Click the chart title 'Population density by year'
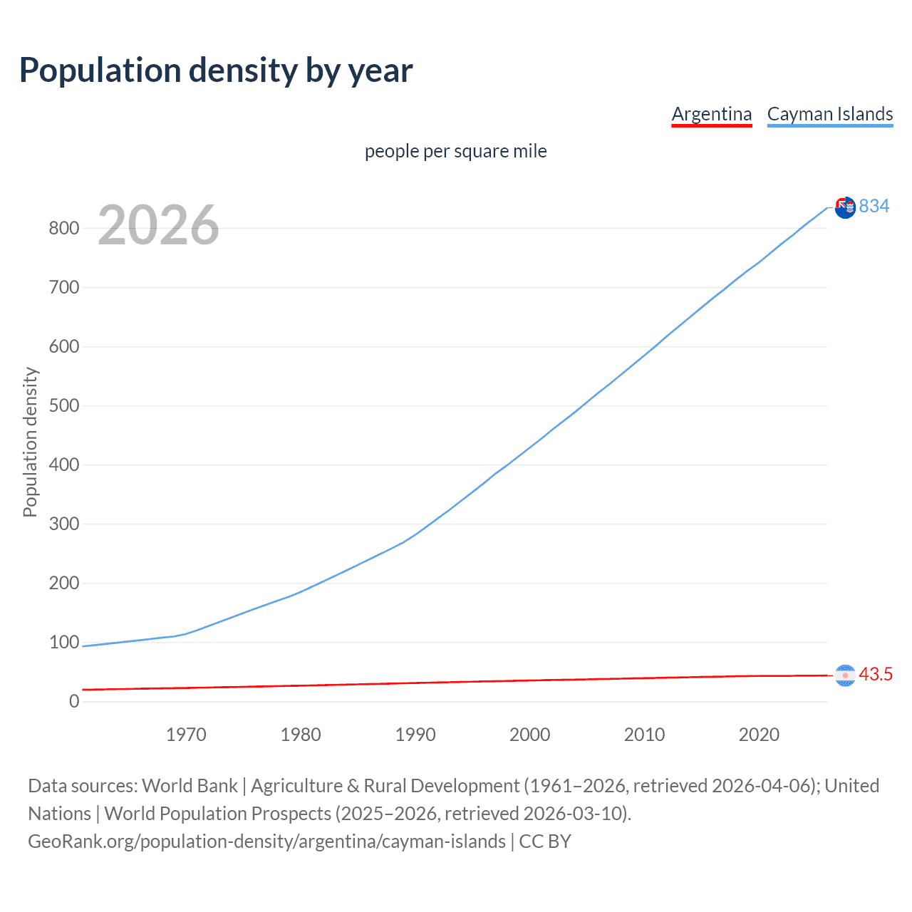(x=216, y=71)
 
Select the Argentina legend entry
(x=711, y=114)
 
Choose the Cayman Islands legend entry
(x=829, y=114)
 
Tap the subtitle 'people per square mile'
(x=455, y=151)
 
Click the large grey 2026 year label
(x=158, y=225)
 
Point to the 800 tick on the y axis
(x=64, y=229)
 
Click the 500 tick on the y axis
(x=64, y=406)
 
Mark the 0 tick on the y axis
(x=74, y=701)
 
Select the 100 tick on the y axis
(x=64, y=642)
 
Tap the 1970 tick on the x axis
(x=186, y=735)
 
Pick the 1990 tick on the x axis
(x=415, y=735)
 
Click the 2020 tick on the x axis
(x=759, y=735)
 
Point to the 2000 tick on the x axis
(x=529, y=735)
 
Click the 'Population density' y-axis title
(x=30, y=442)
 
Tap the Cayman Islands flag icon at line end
(x=845, y=207)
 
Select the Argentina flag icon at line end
(x=845, y=675)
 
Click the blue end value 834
(x=874, y=206)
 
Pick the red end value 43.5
(x=876, y=674)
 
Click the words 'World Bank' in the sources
(x=190, y=786)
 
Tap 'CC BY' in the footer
(x=545, y=841)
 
